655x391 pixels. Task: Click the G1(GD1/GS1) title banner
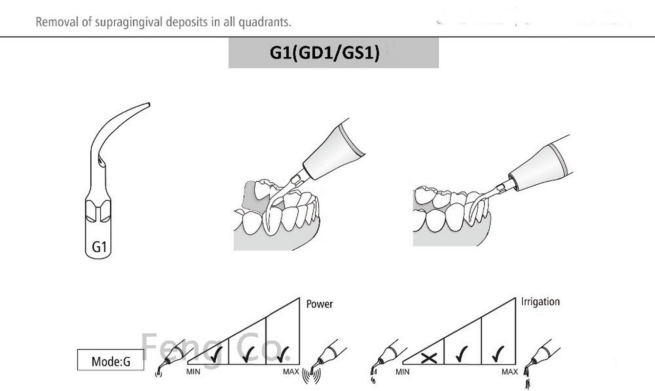click(x=333, y=53)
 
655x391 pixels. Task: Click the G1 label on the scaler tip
click(x=99, y=247)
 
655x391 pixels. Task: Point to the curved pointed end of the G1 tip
click(x=146, y=104)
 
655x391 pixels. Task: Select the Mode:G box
click(x=111, y=362)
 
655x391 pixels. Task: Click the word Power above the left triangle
click(x=319, y=304)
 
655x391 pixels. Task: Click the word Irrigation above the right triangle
click(x=540, y=302)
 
